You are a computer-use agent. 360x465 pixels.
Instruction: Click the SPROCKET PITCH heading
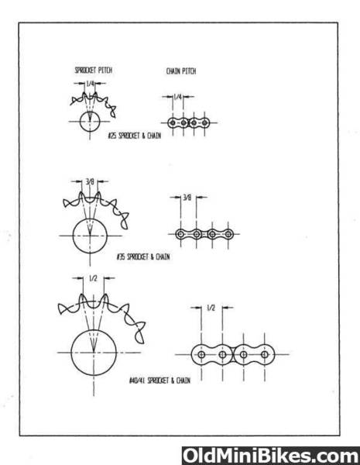[x=94, y=71]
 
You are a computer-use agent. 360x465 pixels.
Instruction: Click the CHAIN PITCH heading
[x=181, y=71]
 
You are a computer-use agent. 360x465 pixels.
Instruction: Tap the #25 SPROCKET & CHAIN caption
[x=135, y=136]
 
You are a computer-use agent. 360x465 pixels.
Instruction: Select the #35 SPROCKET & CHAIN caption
[x=143, y=257]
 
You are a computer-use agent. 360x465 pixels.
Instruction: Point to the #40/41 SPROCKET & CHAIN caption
[x=160, y=381]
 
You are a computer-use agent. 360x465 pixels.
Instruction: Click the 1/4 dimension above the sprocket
[x=90, y=84]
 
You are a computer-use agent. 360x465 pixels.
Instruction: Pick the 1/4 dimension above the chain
[x=177, y=97]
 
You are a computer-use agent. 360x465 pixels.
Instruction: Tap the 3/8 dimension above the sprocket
[x=90, y=181]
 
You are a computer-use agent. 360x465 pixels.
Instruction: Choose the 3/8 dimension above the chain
[x=187, y=197]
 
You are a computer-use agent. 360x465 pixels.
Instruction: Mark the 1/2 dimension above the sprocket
[x=93, y=278]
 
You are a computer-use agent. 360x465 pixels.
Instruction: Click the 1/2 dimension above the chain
[x=211, y=308]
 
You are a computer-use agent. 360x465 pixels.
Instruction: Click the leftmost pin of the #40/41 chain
[x=201, y=354]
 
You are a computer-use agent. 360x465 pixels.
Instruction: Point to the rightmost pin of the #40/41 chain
[x=265, y=354]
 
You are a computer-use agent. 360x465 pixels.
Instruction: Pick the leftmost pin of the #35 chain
[x=180, y=234]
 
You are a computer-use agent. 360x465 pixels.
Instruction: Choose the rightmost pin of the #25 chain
[x=204, y=122]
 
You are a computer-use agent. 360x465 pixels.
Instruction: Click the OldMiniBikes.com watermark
[x=271, y=456]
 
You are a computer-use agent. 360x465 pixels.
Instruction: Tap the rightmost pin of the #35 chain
[x=228, y=234]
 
